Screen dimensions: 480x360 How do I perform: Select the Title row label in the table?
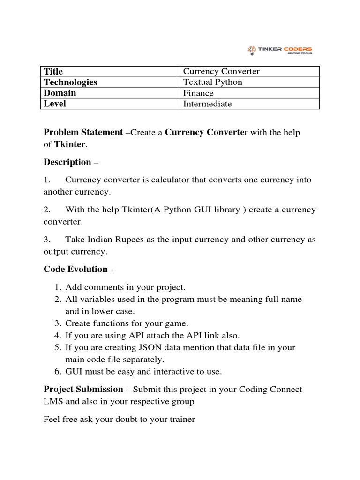[53, 71]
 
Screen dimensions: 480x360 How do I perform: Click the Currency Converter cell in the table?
[221, 71]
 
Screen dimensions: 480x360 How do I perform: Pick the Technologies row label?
[70, 82]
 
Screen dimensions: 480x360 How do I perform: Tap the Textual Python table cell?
[212, 82]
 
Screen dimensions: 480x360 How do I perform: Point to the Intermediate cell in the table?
[207, 104]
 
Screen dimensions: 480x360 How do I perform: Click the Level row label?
[54, 104]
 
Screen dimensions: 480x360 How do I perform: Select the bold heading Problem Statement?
[83, 132]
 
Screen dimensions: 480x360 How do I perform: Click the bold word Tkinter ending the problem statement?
[70, 144]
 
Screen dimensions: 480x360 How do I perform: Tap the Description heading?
[67, 162]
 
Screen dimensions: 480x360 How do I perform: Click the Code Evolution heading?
[75, 269]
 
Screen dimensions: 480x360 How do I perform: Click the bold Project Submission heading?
[83, 390]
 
